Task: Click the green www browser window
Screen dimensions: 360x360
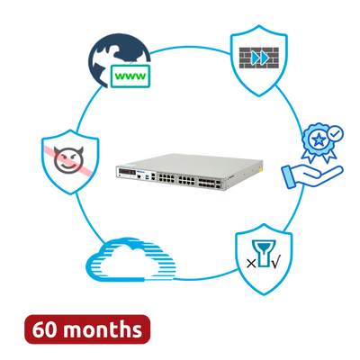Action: tap(130, 76)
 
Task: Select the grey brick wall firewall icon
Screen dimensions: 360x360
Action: tap(259, 58)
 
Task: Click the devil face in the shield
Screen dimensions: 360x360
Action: tap(68, 159)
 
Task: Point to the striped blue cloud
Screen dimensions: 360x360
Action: tap(130, 259)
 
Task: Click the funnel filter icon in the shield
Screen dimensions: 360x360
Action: tap(264, 253)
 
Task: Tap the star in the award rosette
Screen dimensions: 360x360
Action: tap(319, 139)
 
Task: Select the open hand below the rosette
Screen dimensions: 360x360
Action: tap(312, 177)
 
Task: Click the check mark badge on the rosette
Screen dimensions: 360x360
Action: tap(335, 133)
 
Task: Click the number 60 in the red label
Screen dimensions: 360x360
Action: tap(45, 329)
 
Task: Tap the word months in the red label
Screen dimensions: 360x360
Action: tap(103, 329)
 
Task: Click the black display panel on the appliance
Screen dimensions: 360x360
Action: tap(127, 173)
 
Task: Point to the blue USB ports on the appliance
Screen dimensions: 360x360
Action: tap(147, 178)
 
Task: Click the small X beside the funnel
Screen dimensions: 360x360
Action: tap(251, 264)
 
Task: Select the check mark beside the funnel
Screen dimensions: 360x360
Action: tap(276, 263)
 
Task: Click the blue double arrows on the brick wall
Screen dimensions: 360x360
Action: tap(260, 58)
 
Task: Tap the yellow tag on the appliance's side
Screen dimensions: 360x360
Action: tap(261, 170)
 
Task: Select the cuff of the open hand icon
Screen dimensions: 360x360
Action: tap(289, 178)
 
